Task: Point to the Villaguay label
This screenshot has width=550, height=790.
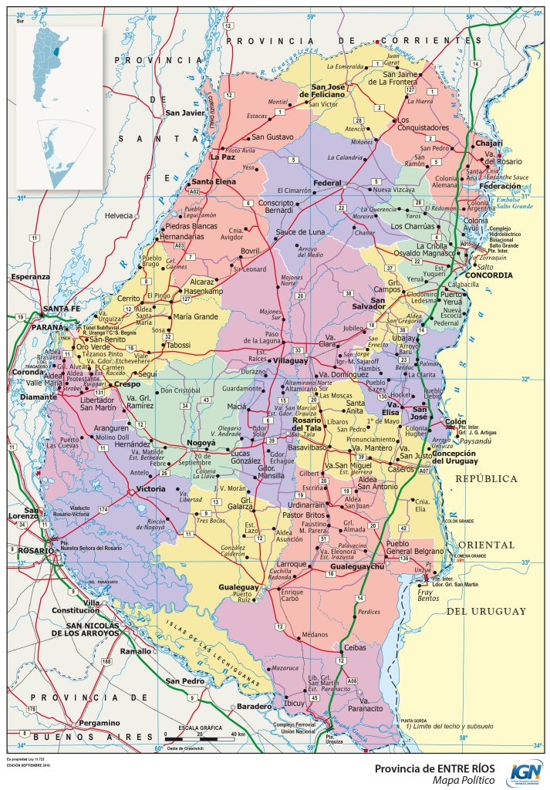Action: click(290, 360)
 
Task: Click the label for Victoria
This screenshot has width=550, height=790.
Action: click(150, 488)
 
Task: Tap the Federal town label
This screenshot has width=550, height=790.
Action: click(327, 183)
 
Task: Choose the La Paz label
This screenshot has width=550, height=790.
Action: click(222, 157)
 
